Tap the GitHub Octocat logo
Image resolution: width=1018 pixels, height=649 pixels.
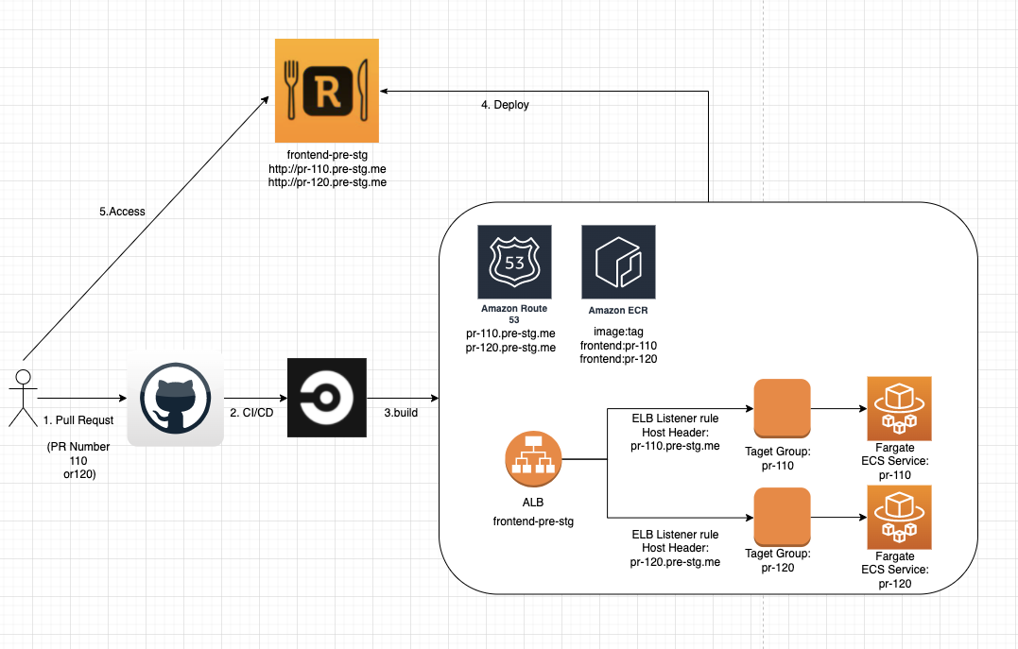[175, 398]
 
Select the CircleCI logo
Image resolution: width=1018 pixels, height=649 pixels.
[326, 398]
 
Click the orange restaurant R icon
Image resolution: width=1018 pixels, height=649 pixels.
[326, 91]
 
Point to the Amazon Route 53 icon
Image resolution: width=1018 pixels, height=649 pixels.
[515, 262]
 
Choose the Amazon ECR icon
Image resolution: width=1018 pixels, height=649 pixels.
[619, 262]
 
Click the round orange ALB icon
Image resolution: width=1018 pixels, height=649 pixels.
[534, 460]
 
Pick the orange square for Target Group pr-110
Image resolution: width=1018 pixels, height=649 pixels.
[783, 408]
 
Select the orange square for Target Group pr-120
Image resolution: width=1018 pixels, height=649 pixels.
[783, 517]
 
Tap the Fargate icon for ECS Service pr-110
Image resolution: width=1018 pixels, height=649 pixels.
[899, 408]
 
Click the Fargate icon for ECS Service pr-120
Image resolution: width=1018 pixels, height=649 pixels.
[899, 517]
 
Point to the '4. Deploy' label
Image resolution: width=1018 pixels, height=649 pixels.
[505, 105]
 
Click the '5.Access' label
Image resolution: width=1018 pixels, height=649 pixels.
[122, 212]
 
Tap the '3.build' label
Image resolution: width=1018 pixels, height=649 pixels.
[401, 413]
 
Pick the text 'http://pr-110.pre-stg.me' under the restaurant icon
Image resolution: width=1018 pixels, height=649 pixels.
[327, 168]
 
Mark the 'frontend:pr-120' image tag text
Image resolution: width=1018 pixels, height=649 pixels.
[619, 359]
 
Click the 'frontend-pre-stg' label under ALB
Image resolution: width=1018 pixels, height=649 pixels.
[534, 521]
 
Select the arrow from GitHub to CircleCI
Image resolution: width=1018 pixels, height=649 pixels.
[255, 398]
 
